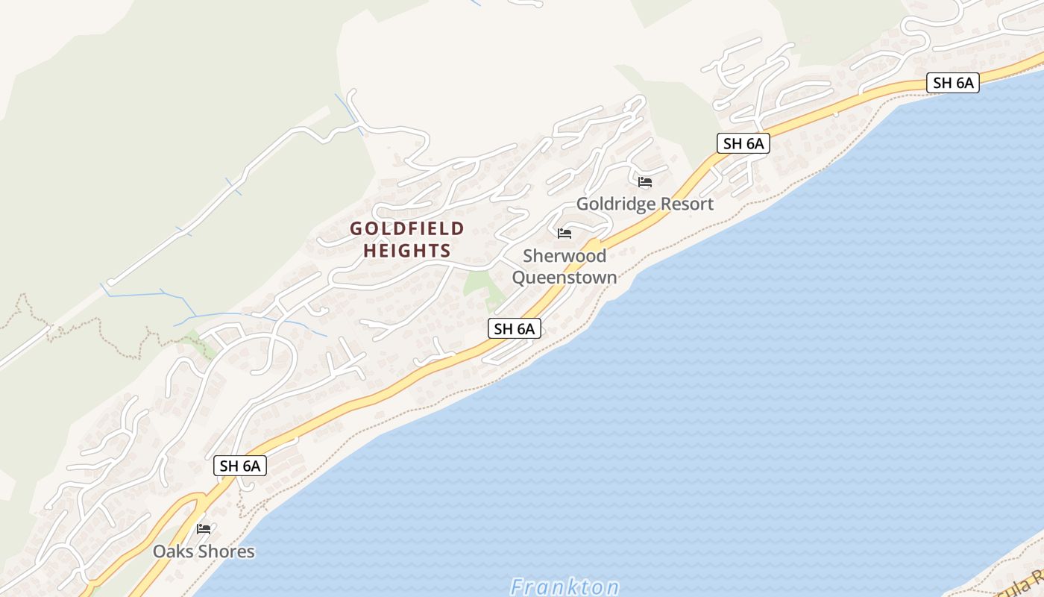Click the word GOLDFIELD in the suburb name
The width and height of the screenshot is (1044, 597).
pos(407,228)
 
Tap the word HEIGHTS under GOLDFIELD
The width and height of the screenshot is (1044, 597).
pos(407,251)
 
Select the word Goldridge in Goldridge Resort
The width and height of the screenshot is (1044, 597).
pos(616,204)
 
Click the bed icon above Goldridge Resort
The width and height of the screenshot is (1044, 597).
pos(645,182)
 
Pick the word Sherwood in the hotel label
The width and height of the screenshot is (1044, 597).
pos(565,256)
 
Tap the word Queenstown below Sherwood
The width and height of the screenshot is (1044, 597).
pos(565,278)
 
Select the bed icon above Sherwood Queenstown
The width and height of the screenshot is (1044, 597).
pos(565,234)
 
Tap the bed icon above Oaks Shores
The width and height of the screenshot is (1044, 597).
pos(204,529)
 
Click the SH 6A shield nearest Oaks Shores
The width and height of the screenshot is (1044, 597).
pos(240,466)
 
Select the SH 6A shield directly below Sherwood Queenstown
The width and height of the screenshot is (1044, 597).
pos(515,328)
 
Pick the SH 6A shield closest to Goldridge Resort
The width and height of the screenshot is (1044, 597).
pos(743,143)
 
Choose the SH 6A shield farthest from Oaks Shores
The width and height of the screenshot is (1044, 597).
pos(953,83)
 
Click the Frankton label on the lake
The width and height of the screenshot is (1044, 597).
pos(565,587)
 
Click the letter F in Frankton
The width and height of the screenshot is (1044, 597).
pos(518,587)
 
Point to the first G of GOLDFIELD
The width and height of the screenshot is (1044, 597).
pos(356,228)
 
